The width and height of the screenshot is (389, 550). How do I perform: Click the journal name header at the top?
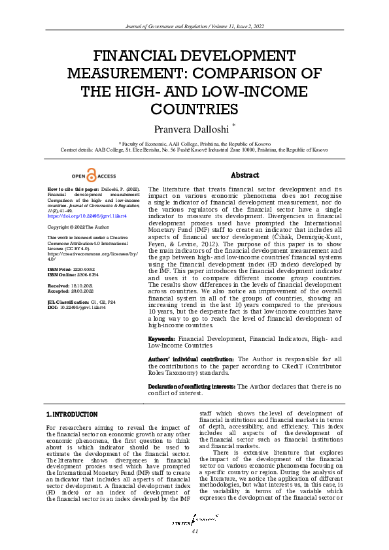tap(194, 25)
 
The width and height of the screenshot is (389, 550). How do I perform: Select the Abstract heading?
tap(245, 175)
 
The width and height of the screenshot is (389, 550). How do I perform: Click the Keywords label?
tap(161, 340)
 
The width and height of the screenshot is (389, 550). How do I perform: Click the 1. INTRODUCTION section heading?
tap(72, 414)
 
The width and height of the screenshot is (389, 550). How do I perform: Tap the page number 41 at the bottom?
tap(194, 531)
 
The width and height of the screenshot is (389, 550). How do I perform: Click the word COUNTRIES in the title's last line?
tap(194, 108)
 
